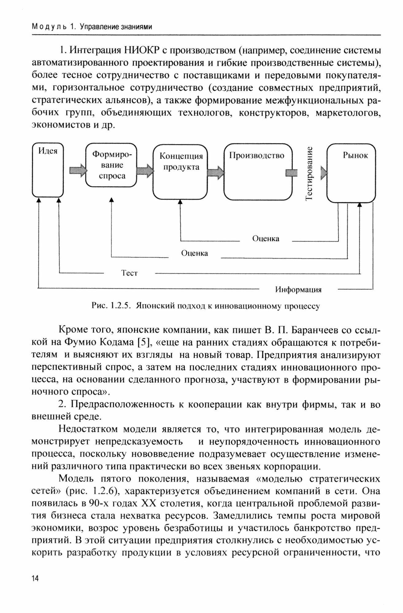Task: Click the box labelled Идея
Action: pos(48,170)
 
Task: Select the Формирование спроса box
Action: pos(111,165)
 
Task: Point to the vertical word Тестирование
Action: pos(309,173)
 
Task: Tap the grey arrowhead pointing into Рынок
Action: pos(324,173)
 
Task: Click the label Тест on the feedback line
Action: pos(129,273)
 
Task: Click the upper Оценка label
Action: pos(266,239)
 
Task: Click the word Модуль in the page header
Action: pos(49,27)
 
